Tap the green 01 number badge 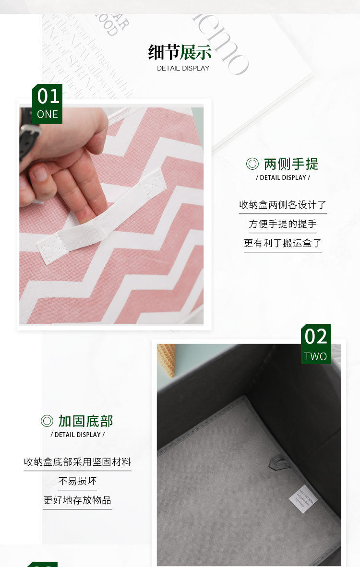pyautogui.click(x=48, y=96)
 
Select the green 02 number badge pyautogui.click(x=316, y=337)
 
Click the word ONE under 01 pyautogui.click(x=48, y=115)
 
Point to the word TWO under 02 pyautogui.click(x=315, y=356)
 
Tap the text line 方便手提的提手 pyautogui.click(x=283, y=224)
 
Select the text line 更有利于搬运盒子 pyautogui.click(x=283, y=243)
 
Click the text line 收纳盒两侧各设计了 pyautogui.click(x=283, y=205)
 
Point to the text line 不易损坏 pyautogui.click(x=77, y=481)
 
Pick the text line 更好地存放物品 pyautogui.click(x=77, y=500)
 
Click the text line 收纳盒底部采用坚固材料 pyautogui.click(x=77, y=462)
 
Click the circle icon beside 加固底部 pyautogui.click(x=47, y=421)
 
